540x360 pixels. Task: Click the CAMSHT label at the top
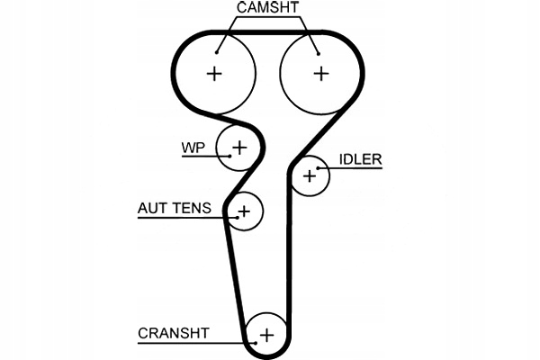[267, 8]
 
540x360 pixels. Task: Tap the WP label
[194, 146]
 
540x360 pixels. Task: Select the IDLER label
[360, 160]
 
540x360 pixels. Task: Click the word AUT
[151, 209]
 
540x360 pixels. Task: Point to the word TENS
[192, 209]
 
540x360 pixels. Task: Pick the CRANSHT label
[173, 333]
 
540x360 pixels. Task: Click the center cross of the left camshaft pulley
[214, 73]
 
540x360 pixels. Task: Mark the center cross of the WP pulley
[239, 145]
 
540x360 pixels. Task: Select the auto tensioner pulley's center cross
[243, 211]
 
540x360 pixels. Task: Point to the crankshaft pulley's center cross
[265, 335]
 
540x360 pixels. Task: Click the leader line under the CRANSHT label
[189, 343]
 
